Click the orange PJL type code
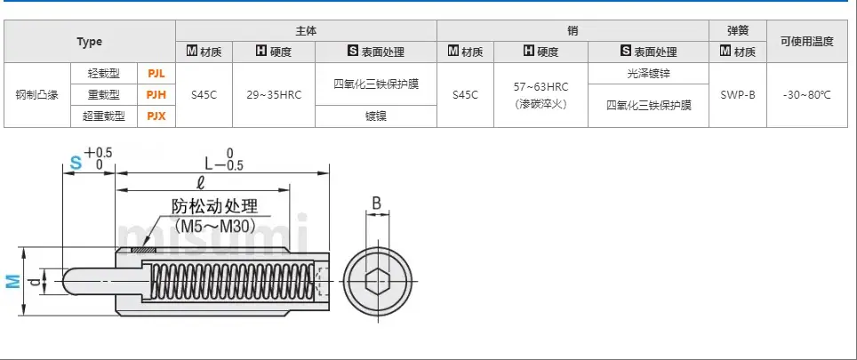coord(156,73)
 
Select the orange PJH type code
coord(156,95)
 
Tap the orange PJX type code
coord(156,116)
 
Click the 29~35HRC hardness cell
coord(274,95)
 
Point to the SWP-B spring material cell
coord(738,95)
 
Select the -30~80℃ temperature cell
coord(806,95)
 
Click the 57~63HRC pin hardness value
coord(541,87)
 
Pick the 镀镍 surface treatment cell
coord(376,116)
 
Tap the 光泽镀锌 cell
coord(648,74)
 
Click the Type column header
coord(90,42)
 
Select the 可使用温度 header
coord(806,42)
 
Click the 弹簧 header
coord(738,31)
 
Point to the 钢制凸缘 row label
coord(37,95)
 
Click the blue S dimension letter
coord(76,163)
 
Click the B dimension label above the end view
coord(377,204)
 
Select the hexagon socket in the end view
coord(377,282)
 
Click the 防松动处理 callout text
coord(214,206)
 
